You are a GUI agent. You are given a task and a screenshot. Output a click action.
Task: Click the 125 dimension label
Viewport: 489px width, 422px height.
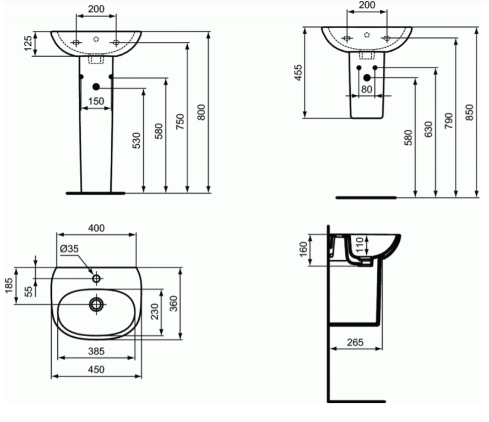click(28, 43)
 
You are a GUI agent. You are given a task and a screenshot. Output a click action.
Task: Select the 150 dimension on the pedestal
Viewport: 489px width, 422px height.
click(96, 101)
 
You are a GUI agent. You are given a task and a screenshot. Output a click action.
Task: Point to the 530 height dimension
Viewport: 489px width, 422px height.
click(137, 140)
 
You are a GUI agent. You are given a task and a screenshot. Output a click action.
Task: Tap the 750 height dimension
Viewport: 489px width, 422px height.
click(180, 122)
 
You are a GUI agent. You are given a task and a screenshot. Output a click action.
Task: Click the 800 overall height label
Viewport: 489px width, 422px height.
click(202, 112)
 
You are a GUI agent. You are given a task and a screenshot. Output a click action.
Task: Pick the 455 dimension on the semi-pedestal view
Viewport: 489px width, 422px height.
click(298, 73)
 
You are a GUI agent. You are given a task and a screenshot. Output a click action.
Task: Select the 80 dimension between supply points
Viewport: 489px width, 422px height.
click(366, 90)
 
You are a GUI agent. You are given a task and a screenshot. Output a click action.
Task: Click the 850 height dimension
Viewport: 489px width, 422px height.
click(469, 112)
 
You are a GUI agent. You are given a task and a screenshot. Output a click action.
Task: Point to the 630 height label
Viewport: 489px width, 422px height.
click(428, 129)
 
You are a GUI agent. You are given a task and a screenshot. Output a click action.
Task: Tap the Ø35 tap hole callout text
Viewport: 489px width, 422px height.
click(69, 249)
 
